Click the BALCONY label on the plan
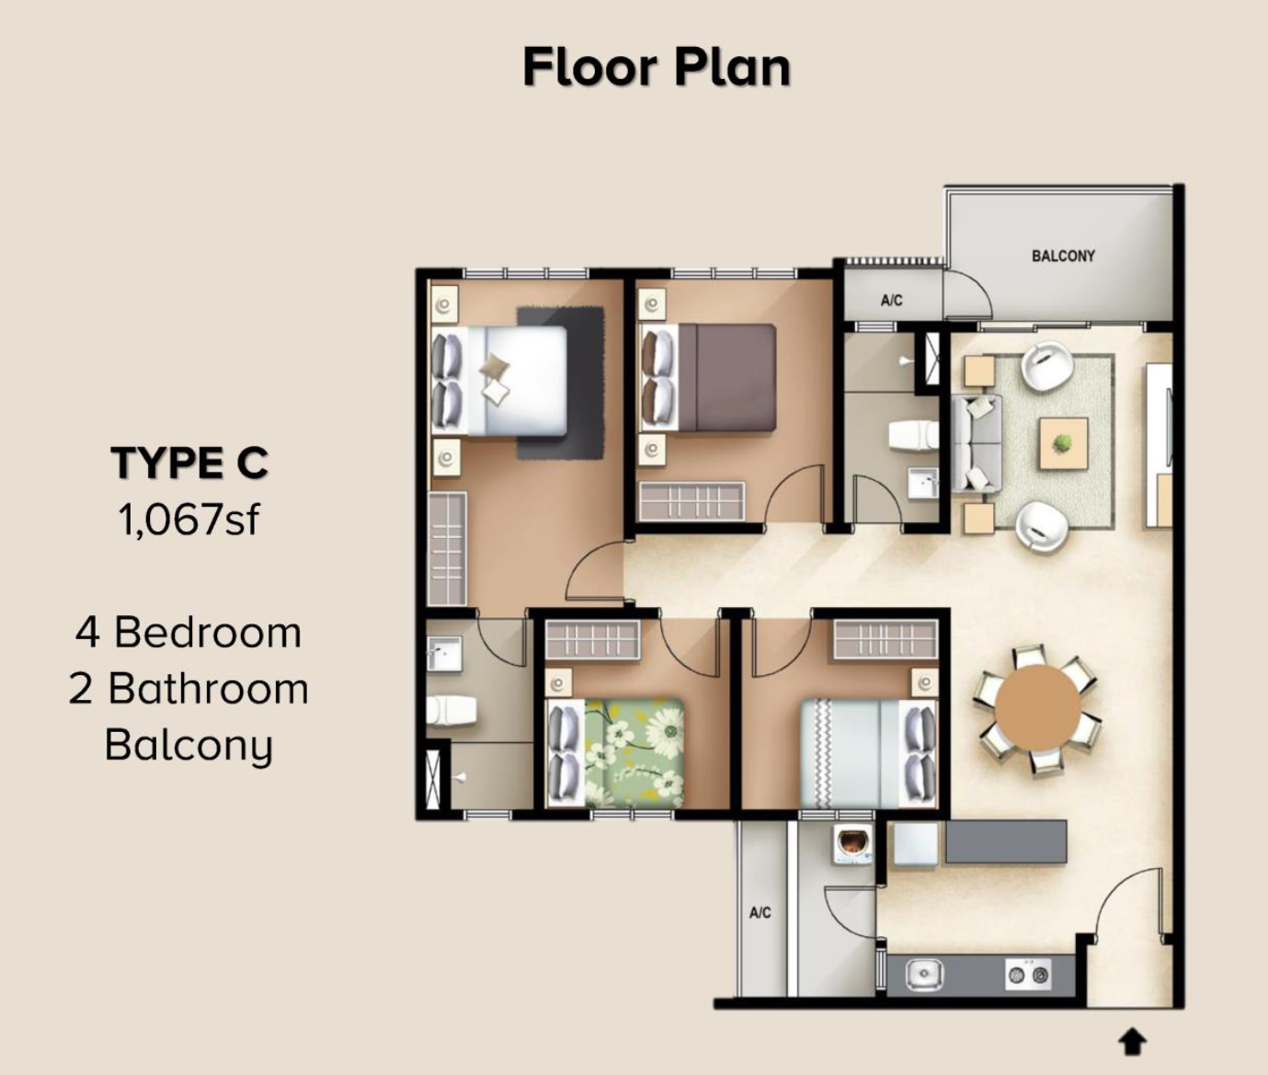click(1063, 256)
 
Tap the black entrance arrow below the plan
click(1133, 1043)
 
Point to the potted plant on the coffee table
click(1063, 442)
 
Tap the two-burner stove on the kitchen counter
click(1028, 975)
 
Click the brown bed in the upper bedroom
click(708, 377)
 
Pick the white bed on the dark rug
click(498, 381)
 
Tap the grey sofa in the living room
click(976, 443)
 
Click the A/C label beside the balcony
click(891, 301)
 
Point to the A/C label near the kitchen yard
click(760, 912)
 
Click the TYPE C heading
click(189, 463)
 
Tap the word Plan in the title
click(733, 68)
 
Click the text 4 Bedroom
click(188, 633)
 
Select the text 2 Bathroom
click(188, 689)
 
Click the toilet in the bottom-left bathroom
click(451, 711)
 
